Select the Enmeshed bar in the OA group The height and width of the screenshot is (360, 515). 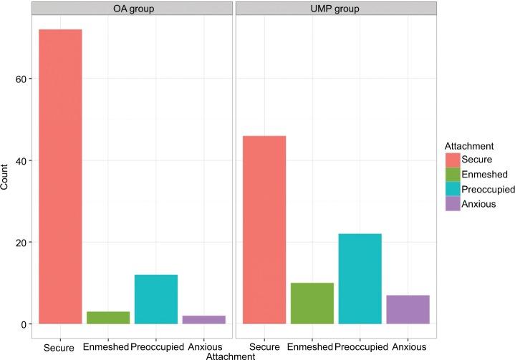pyautogui.click(x=107, y=318)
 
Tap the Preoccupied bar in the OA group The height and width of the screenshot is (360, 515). pyautogui.click(x=155, y=299)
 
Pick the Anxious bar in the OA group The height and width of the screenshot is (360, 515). pyautogui.click(x=203, y=320)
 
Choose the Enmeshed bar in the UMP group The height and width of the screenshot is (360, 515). pyautogui.click(x=312, y=303)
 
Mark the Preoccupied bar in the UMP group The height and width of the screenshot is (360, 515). pyautogui.click(x=360, y=278)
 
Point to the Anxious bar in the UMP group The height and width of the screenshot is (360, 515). pyautogui.click(x=408, y=309)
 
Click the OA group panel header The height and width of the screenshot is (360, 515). pyautogui.click(x=132, y=8)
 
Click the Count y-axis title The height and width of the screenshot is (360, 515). pyautogui.click(x=6, y=176)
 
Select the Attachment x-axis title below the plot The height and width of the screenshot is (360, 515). pyautogui.click(x=230, y=355)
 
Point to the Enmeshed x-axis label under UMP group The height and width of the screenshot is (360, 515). pyautogui.click(x=312, y=346)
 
